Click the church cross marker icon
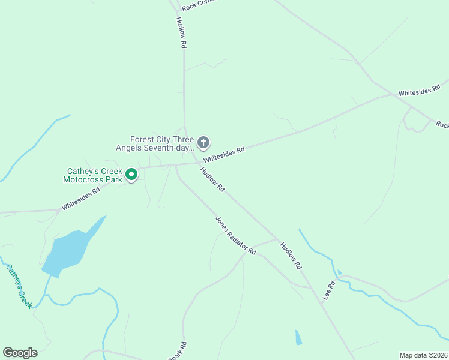[203, 143]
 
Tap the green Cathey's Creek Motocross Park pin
[131, 175]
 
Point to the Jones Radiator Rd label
[236, 235]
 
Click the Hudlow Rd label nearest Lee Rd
[291, 255]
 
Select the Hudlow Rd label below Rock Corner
[182, 32]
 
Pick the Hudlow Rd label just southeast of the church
[213, 179]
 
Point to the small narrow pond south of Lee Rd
[298, 337]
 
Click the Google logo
[20, 353]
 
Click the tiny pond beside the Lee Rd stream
[339, 272]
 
